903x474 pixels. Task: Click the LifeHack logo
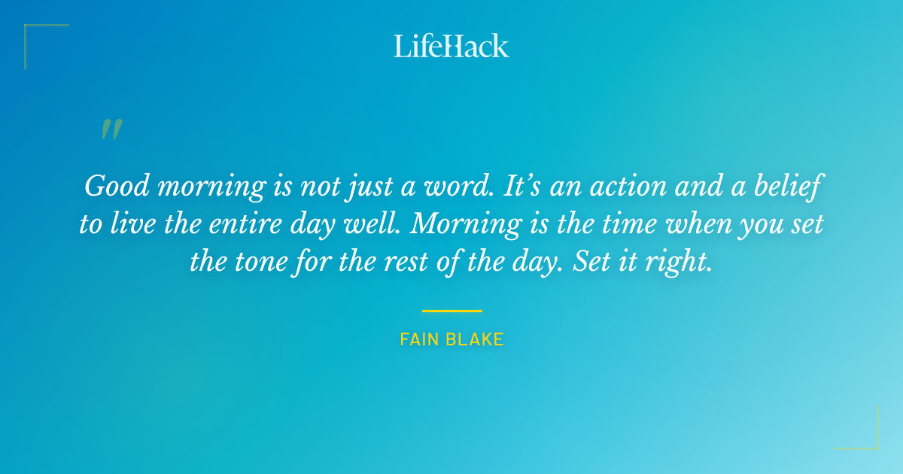[x=451, y=46]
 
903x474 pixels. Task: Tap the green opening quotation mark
[x=111, y=130]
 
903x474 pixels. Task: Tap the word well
[x=379, y=223]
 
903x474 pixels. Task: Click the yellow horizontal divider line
[x=451, y=310]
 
